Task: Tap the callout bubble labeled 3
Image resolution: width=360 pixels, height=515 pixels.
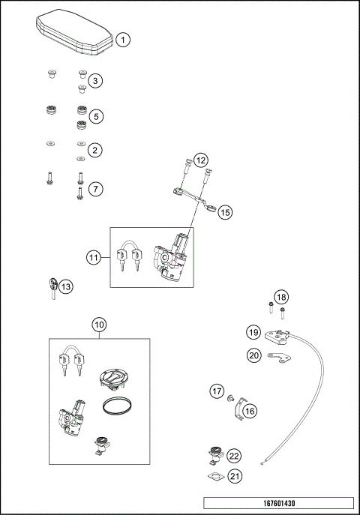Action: click(x=95, y=80)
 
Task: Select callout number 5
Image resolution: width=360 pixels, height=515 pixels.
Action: click(x=95, y=117)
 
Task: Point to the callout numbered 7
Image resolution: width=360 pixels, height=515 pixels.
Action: click(x=95, y=189)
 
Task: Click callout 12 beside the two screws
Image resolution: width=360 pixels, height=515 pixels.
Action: click(x=200, y=161)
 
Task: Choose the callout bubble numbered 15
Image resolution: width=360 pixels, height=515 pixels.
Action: click(x=226, y=213)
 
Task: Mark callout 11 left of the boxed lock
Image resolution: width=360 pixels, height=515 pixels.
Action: click(x=93, y=258)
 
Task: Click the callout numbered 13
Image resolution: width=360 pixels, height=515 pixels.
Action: click(x=66, y=286)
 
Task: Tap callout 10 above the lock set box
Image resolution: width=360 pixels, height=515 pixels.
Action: click(x=99, y=325)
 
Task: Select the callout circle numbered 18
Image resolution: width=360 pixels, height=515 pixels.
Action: click(x=280, y=298)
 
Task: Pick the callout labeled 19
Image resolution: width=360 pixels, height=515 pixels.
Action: click(x=253, y=331)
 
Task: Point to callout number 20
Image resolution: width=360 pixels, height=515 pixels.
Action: click(x=253, y=355)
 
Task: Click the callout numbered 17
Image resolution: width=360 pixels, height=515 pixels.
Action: click(x=217, y=391)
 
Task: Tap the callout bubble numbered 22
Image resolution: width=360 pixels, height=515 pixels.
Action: click(x=235, y=456)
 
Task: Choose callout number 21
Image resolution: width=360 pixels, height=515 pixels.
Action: click(x=235, y=476)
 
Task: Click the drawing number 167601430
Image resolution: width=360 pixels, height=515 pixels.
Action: click(x=278, y=502)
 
